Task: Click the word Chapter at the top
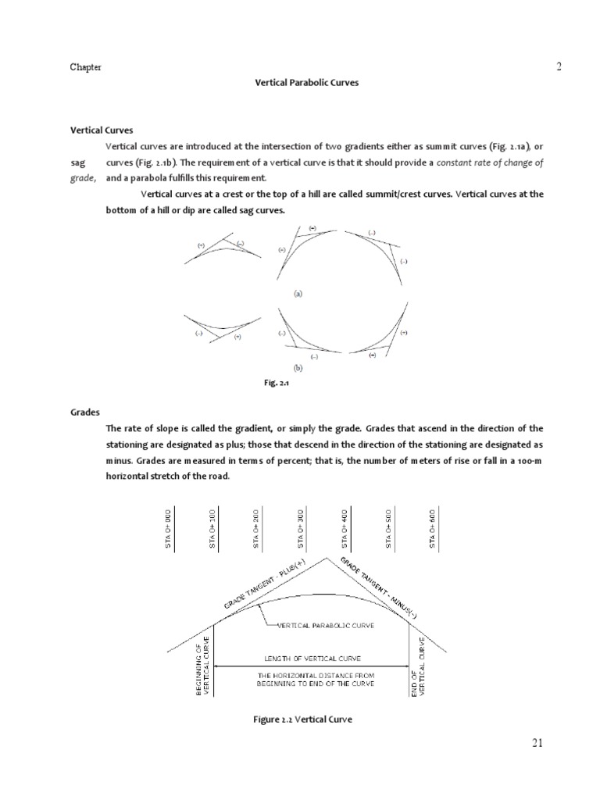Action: tap(86, 67)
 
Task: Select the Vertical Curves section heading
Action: tap(102, 130)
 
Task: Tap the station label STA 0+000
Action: tap(168, 529)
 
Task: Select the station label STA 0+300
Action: tap(301, 529)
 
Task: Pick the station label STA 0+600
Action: tap(432, 529)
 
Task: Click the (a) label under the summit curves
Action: tap(298, 295)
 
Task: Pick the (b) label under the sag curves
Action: tap(298, 366)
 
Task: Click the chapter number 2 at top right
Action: tap(559, 67)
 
